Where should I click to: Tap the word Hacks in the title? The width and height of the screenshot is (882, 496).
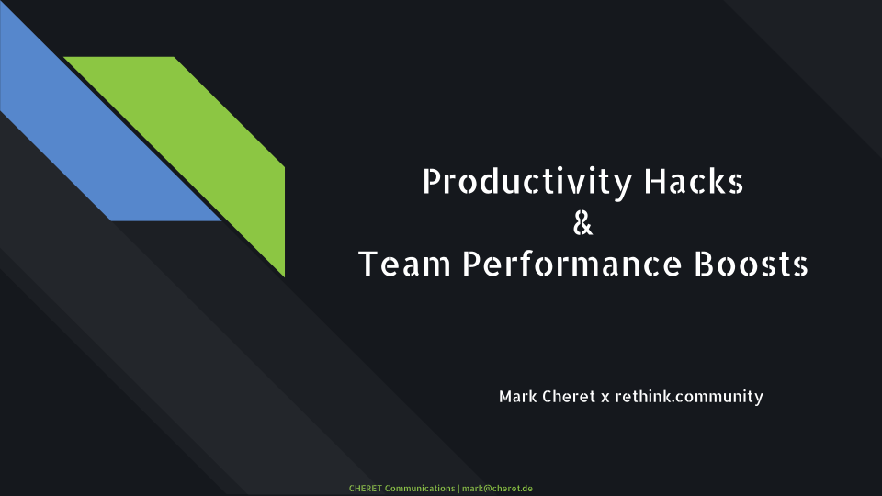[x=694, y=181]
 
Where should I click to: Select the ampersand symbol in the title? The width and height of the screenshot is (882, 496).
[x=582, y=222]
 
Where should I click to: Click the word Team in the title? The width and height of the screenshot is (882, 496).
[x=404, y=264]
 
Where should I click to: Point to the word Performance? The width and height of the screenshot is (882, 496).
[x=571, y=264]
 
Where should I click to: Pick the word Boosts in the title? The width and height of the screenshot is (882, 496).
[x=751, y=264]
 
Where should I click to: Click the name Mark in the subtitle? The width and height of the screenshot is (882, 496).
[x=517, y=397]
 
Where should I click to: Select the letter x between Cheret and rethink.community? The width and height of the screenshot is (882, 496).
[x=605, y=398]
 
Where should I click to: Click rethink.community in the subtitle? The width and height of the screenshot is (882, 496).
[x=689, y=397]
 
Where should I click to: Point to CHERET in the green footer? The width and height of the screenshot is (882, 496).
[x=365, y=488]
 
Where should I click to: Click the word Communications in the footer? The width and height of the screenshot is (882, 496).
[x=420, y=488]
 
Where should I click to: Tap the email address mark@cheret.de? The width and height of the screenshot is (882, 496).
[x=497, y=488]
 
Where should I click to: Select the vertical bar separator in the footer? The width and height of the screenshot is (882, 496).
[x=458, y=488]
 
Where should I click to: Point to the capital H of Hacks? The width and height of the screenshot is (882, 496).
[x=654, y=181]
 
